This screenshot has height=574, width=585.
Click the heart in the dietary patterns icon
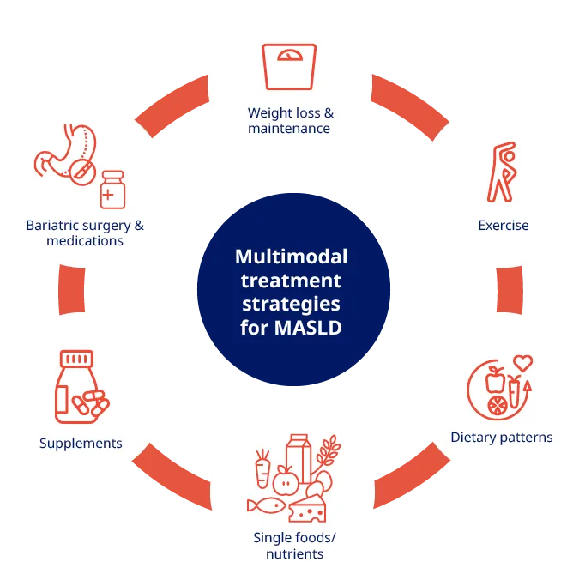tap(522, 362)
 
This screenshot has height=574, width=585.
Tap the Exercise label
tap(503, 226)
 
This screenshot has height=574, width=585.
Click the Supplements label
tap(81, 444)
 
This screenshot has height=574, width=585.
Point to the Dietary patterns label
tap(502, 438)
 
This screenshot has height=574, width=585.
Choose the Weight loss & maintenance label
tap(289, 121)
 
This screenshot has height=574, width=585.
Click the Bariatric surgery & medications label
tap(85, 233)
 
